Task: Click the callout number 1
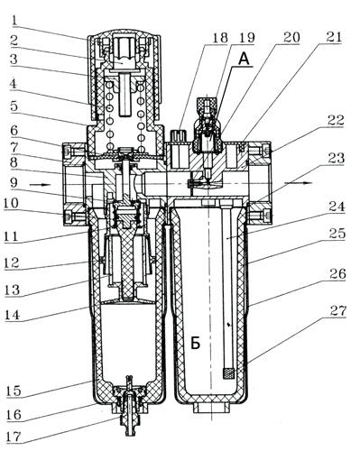point(15,21)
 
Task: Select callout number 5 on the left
point(14,106)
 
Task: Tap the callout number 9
point(14,182)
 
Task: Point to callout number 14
point(13,315)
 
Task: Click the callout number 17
point(14,437)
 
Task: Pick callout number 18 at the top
point(220,38)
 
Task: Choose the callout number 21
point(334,37)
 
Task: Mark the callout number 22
point(336,120)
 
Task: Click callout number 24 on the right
point(337,207)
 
